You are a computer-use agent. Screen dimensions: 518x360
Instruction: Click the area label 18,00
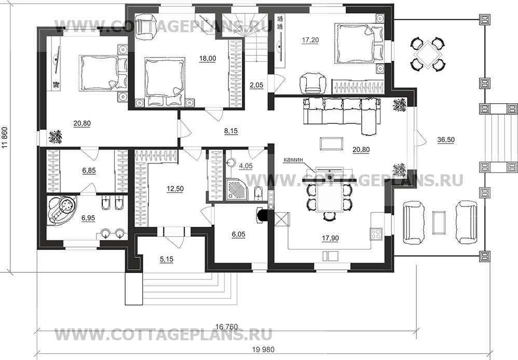point(208,59)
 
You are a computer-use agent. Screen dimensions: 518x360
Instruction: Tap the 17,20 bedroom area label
point(310,40)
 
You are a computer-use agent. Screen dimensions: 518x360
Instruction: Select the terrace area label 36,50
point(446,140)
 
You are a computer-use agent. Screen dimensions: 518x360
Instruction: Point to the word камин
point(293,160)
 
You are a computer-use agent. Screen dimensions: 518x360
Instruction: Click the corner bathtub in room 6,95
point(62,210)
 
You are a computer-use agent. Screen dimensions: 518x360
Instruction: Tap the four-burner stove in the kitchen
point(376,233)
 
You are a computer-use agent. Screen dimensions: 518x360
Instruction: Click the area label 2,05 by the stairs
point(256,85)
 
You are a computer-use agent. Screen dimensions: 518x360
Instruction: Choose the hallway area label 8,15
point(231,131)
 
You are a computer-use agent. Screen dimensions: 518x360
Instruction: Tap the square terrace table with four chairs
point(428,54)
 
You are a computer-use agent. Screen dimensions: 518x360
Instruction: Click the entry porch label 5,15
point(167,259)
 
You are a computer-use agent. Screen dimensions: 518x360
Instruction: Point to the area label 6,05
point(239,234)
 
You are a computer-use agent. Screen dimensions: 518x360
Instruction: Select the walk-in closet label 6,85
point(89,171)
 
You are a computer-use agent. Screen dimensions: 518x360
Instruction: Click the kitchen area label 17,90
point(330,238)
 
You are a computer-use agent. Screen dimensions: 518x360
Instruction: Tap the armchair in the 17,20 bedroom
point(312,83)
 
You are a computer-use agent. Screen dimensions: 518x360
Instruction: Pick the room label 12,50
point(175,189)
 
